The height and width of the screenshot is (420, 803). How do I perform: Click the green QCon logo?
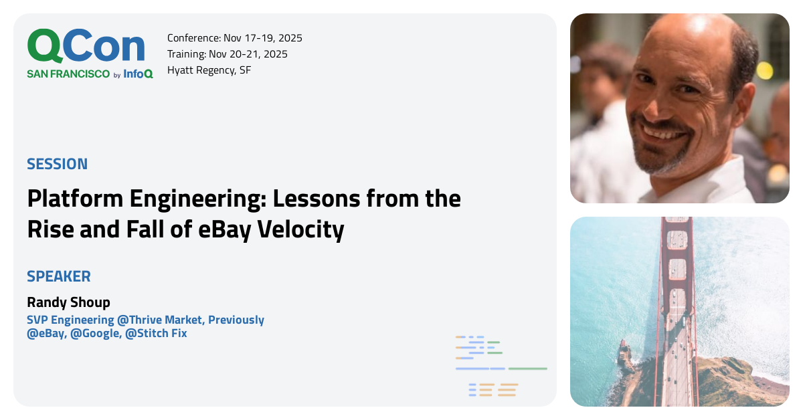pos(86,47)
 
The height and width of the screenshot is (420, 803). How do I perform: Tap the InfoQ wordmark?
pos(138,74)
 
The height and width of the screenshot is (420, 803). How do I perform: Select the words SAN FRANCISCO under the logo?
pos(68,74)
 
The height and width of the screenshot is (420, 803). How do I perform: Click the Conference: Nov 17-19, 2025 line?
pos(234,38)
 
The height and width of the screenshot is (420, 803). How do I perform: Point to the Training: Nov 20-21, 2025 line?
pos(227,54)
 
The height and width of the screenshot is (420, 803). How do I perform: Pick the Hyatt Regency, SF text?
pos(209,70)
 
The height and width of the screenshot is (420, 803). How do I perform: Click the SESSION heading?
pos(57,164)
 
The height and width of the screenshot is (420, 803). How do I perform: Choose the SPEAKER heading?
pos(58,276)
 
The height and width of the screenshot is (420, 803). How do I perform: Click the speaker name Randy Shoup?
pos(68,302)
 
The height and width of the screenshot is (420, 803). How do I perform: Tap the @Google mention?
pos(95,333)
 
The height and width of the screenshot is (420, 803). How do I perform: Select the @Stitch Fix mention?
pos(156,333)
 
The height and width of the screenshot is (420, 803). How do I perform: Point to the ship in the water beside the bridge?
pos(626,354)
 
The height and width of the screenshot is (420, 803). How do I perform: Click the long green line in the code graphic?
pos(527,369)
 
